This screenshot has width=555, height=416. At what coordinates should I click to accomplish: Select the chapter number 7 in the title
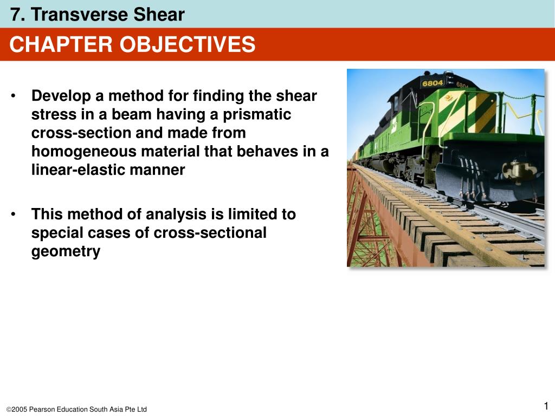(15, 15)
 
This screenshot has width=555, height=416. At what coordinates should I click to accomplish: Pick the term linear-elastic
(76, 170)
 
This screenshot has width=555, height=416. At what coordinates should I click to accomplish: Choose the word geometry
(66, 251)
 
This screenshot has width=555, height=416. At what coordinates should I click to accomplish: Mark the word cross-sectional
(210, 233)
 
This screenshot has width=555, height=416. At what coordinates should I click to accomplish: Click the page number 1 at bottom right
(546, 407)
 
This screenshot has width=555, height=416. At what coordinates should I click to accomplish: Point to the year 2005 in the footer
(19, 409)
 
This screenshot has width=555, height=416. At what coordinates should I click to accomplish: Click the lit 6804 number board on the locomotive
(433, 83)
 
